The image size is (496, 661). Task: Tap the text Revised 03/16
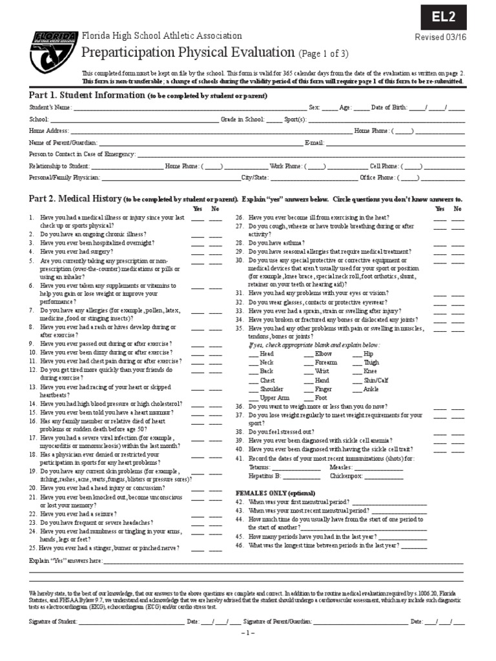(439, 37)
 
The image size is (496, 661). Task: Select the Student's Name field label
(50, 108)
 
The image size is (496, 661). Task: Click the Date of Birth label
(387, 108)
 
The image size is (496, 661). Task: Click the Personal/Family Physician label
(64, 178)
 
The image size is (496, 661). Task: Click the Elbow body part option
(323, 354)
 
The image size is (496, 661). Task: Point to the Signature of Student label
(52, 621)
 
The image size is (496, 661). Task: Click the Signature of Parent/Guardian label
(278, 621)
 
